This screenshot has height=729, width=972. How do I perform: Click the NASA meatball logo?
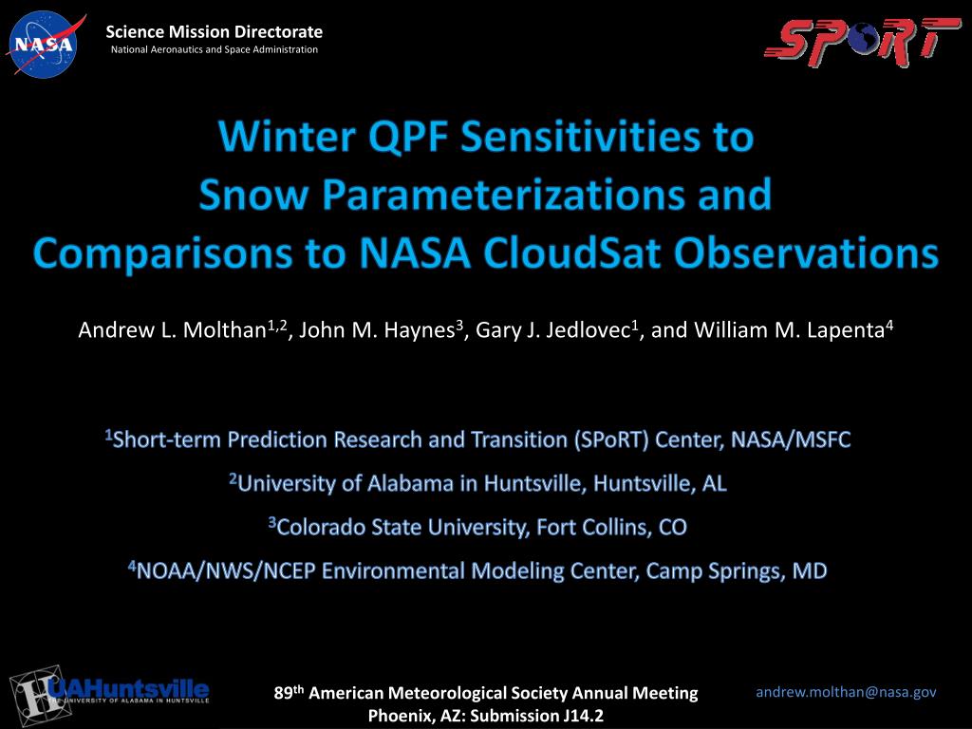(x=45, y=45)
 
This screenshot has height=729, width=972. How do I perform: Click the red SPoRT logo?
(x=862, y=42)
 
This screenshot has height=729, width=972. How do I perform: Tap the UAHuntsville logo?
(x=109, y=695)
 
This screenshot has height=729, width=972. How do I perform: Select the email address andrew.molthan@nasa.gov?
(x=846, y=692)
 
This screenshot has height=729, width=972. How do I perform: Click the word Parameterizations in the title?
(x=503, y=194)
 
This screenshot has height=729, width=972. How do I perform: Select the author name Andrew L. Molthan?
(x=173, y=329)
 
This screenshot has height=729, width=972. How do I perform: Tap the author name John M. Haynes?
(x=377, y=329)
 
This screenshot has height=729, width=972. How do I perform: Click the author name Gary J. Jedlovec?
(x=552, y=329)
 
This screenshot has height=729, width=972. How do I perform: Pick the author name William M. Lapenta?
(x=789, y=329)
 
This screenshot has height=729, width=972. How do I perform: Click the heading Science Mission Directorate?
(x=214, y=31)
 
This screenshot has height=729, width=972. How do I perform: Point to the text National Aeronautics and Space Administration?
(x=214, y=49)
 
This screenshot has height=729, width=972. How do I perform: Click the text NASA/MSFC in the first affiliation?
(x=791, y=439)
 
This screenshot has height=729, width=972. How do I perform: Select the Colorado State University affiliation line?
(x=477, y=527)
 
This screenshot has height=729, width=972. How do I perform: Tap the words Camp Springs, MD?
(x=737, y=570)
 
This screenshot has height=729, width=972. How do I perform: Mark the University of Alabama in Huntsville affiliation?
(x=477, y=483)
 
